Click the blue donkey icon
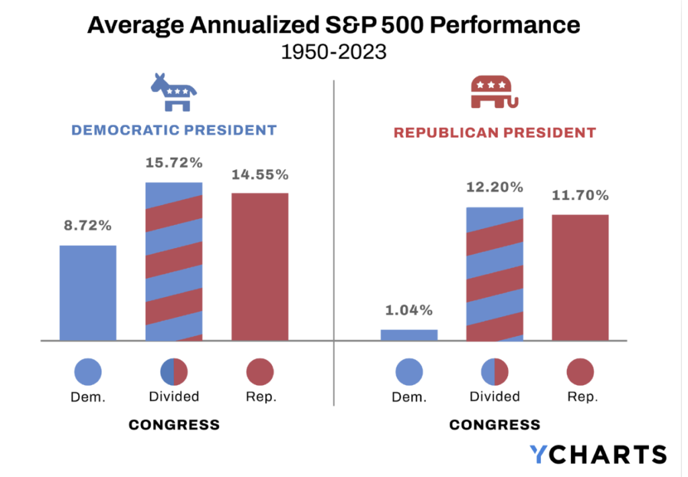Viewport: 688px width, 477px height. pyautogui.click(x=173, y=92)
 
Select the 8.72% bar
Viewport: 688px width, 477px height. pyautogui.click(x=88, y=293)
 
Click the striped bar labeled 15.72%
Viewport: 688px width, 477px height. pyautogui.click(x=174, y=261)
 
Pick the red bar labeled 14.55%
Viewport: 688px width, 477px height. pyautogui.click(x=260, y=267)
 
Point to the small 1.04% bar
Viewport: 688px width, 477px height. pyautogui.click(x=409, y=335)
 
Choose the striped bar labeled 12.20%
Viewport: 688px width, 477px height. pyautogui.click(x=494, y=274)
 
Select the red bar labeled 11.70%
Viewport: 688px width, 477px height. pyautogui.click(x=580, y=277)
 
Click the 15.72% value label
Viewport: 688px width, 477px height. pyautogui.click(x=174, y=163)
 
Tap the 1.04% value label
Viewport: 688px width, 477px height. pyautogui.click(x=409, y=310)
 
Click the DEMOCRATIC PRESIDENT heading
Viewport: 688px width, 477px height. pyautogui.click(x=174, y=130)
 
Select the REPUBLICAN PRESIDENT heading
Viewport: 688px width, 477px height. pyautogui.click(x=494, y=133)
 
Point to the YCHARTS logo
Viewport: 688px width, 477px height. pyautogui.click(x=597, y=454)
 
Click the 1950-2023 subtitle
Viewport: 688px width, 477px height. pyautogui.click(x=334, y=52)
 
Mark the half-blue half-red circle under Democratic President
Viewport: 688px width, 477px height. pyautogui.click(x=174, y=372)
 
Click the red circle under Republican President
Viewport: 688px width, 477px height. pyautogui.click(x=580, y=372)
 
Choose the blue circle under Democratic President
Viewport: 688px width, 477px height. pyautogui.click(x=88, y=372)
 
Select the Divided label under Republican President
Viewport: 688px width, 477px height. pyautogui.click(x=494, y=396)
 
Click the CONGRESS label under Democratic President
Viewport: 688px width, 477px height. pyautogui.click(x=174, y=425)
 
